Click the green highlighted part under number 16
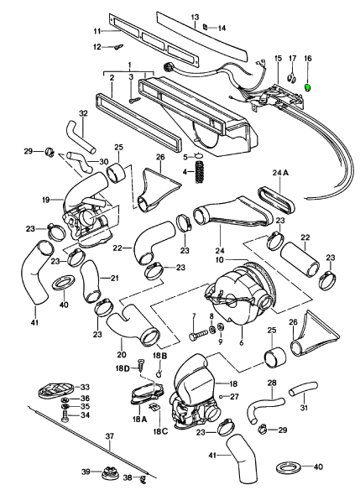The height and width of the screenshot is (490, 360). pos(308,88)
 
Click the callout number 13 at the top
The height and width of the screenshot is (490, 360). pos(195,17)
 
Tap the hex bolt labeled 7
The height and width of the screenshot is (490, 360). pos(199,334)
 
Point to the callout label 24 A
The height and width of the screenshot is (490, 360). pos(280,173)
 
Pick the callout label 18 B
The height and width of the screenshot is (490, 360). pos(160,356)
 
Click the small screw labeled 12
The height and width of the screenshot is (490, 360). pos(118,47)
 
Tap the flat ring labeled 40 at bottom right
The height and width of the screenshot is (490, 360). pos(290,467)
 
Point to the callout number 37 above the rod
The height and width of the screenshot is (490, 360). pos(110,435)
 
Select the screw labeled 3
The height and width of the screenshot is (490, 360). pos(135,100)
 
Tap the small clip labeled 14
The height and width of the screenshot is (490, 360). pos(206,27)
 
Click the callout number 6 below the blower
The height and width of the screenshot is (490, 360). pos(241,342)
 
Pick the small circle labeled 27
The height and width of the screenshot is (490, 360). pos(222,397)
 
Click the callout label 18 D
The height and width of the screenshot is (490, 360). pos(123,368)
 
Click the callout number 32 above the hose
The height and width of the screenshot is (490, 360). pos(83,113)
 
